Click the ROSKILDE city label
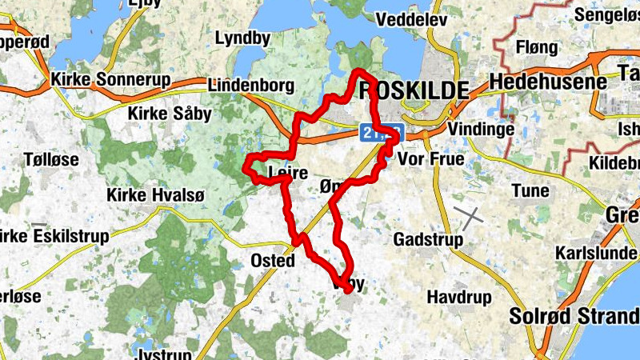pos(414,90)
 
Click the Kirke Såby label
pos(170,114)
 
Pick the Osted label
pos(273,261)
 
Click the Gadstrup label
pos(429,240)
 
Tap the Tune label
pos(530,190)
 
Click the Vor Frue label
pos(430,159)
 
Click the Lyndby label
pos(242,38)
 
